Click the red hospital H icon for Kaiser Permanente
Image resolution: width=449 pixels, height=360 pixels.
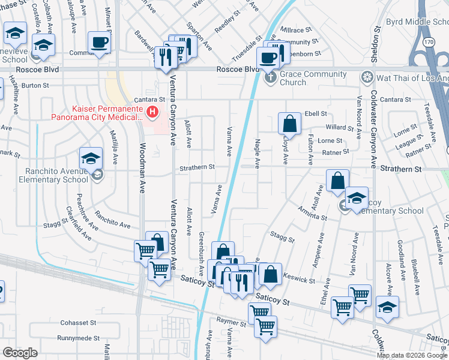point(154,112)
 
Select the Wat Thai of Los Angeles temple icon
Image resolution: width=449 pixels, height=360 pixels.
point(366,77)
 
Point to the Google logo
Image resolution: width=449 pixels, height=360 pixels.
point(20,353)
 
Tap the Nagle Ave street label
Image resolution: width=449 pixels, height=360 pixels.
point(258,153)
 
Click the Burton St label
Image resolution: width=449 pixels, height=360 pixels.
point(35,85)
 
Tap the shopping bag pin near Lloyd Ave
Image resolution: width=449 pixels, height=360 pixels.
point(289,124)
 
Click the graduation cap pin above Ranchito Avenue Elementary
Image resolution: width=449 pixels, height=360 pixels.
point(90,159)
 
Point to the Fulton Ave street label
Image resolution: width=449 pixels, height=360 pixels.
point(310,149)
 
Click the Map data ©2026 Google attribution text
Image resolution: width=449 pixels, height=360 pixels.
point(412,355)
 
